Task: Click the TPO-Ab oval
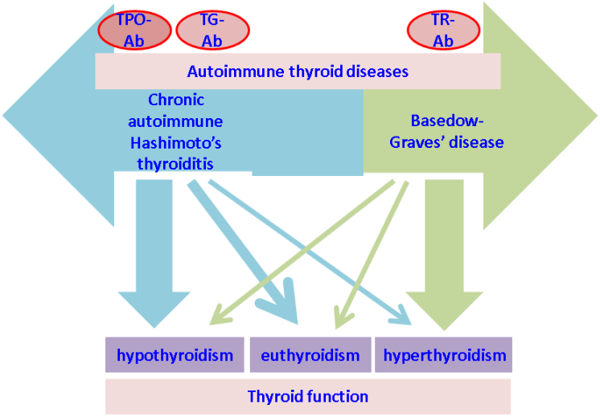click(134, 31)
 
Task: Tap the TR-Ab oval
click(443, 31)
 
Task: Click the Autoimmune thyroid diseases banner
click(298, 72)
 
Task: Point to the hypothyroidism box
click(175, 355)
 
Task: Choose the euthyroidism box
click(310, 355)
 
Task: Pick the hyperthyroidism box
click(445, 355)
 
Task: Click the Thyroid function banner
click(308, 396)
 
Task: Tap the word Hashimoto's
click(175, 142)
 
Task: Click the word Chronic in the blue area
click(176, 100)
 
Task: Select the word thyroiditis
click(175, 163)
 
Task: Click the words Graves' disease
click(458, 142)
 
